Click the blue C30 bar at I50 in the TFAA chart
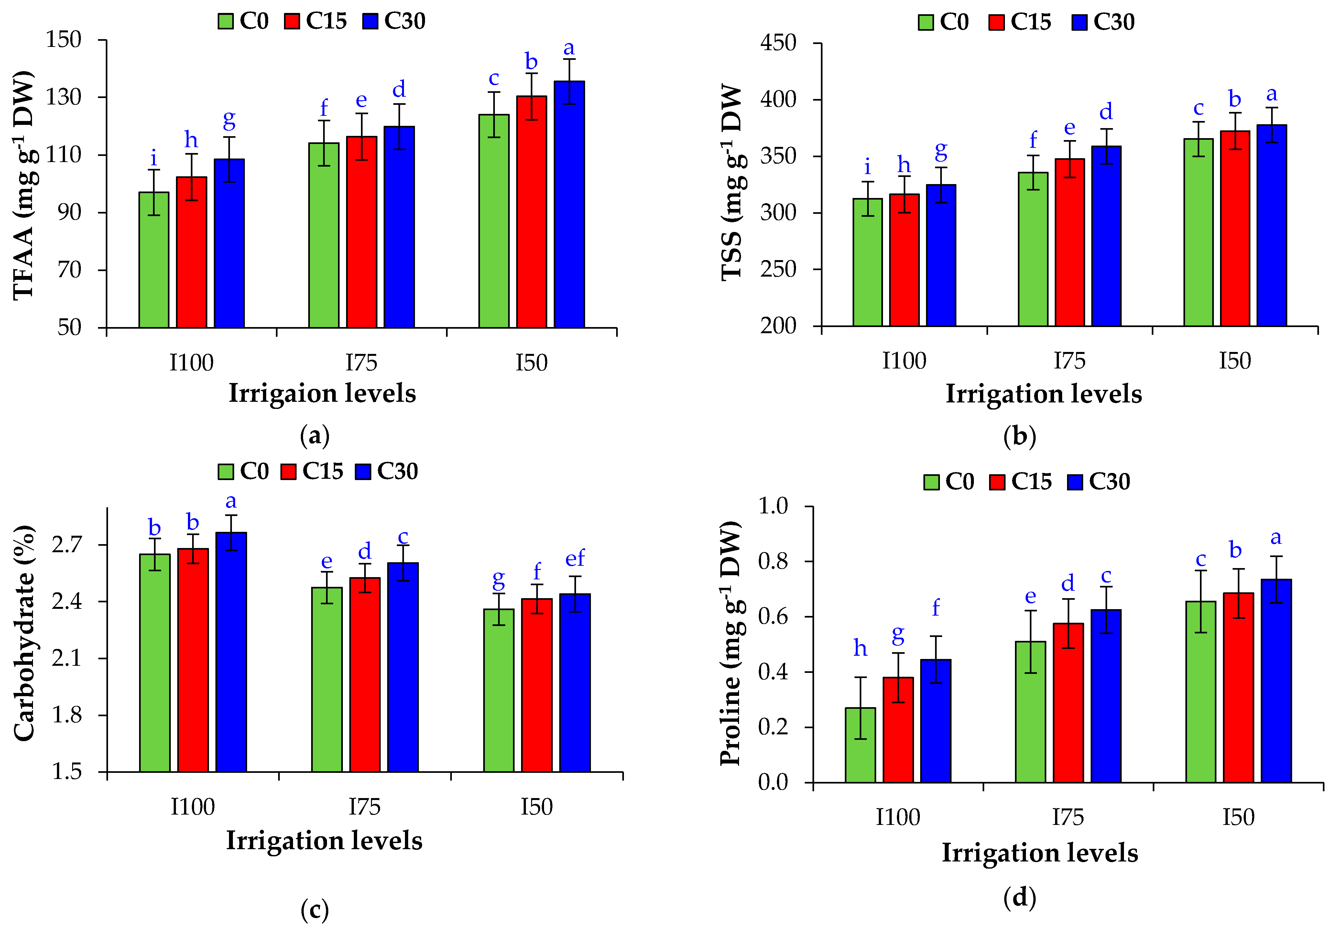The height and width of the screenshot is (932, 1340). [x=569, y=204]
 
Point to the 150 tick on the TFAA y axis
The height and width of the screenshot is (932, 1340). [x=64, y=40]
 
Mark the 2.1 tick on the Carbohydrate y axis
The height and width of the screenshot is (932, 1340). [x=67, y=658]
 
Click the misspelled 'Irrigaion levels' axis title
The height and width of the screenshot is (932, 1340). [x=322, y=393]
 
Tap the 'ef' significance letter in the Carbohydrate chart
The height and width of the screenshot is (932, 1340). [x=575, y=558]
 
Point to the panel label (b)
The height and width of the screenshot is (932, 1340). [x=1019, y=436]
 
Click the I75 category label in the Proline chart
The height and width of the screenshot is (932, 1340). [x=1067, y=817]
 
